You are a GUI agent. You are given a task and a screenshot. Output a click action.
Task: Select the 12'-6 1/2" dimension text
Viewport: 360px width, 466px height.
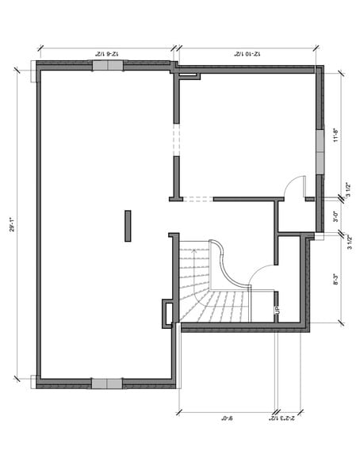(x=106, y=52)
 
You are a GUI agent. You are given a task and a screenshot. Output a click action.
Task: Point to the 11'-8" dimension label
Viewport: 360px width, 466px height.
(x=335, y=136)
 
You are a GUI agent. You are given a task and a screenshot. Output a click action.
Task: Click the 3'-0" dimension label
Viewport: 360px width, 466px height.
(x=335, y=214)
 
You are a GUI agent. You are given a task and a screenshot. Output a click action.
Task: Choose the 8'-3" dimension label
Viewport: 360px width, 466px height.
(x=335, y=280)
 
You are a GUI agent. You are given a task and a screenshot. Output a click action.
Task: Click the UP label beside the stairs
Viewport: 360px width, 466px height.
(x=277, y=311)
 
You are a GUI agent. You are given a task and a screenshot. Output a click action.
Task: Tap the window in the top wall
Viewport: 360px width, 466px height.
(x=108, y=66)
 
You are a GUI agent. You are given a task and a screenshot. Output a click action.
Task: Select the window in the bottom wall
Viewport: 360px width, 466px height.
(x=106, y=383)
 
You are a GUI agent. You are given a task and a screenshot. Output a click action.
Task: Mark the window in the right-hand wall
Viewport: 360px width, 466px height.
(x=320, y=150)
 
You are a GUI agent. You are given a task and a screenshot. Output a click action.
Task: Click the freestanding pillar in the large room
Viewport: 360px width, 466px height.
(x=126, y=225)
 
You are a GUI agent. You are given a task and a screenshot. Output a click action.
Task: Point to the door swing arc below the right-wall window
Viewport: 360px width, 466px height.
(x=294, y=186)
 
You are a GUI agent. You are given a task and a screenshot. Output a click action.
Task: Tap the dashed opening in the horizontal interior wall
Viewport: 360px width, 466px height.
(x=196, y=198)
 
